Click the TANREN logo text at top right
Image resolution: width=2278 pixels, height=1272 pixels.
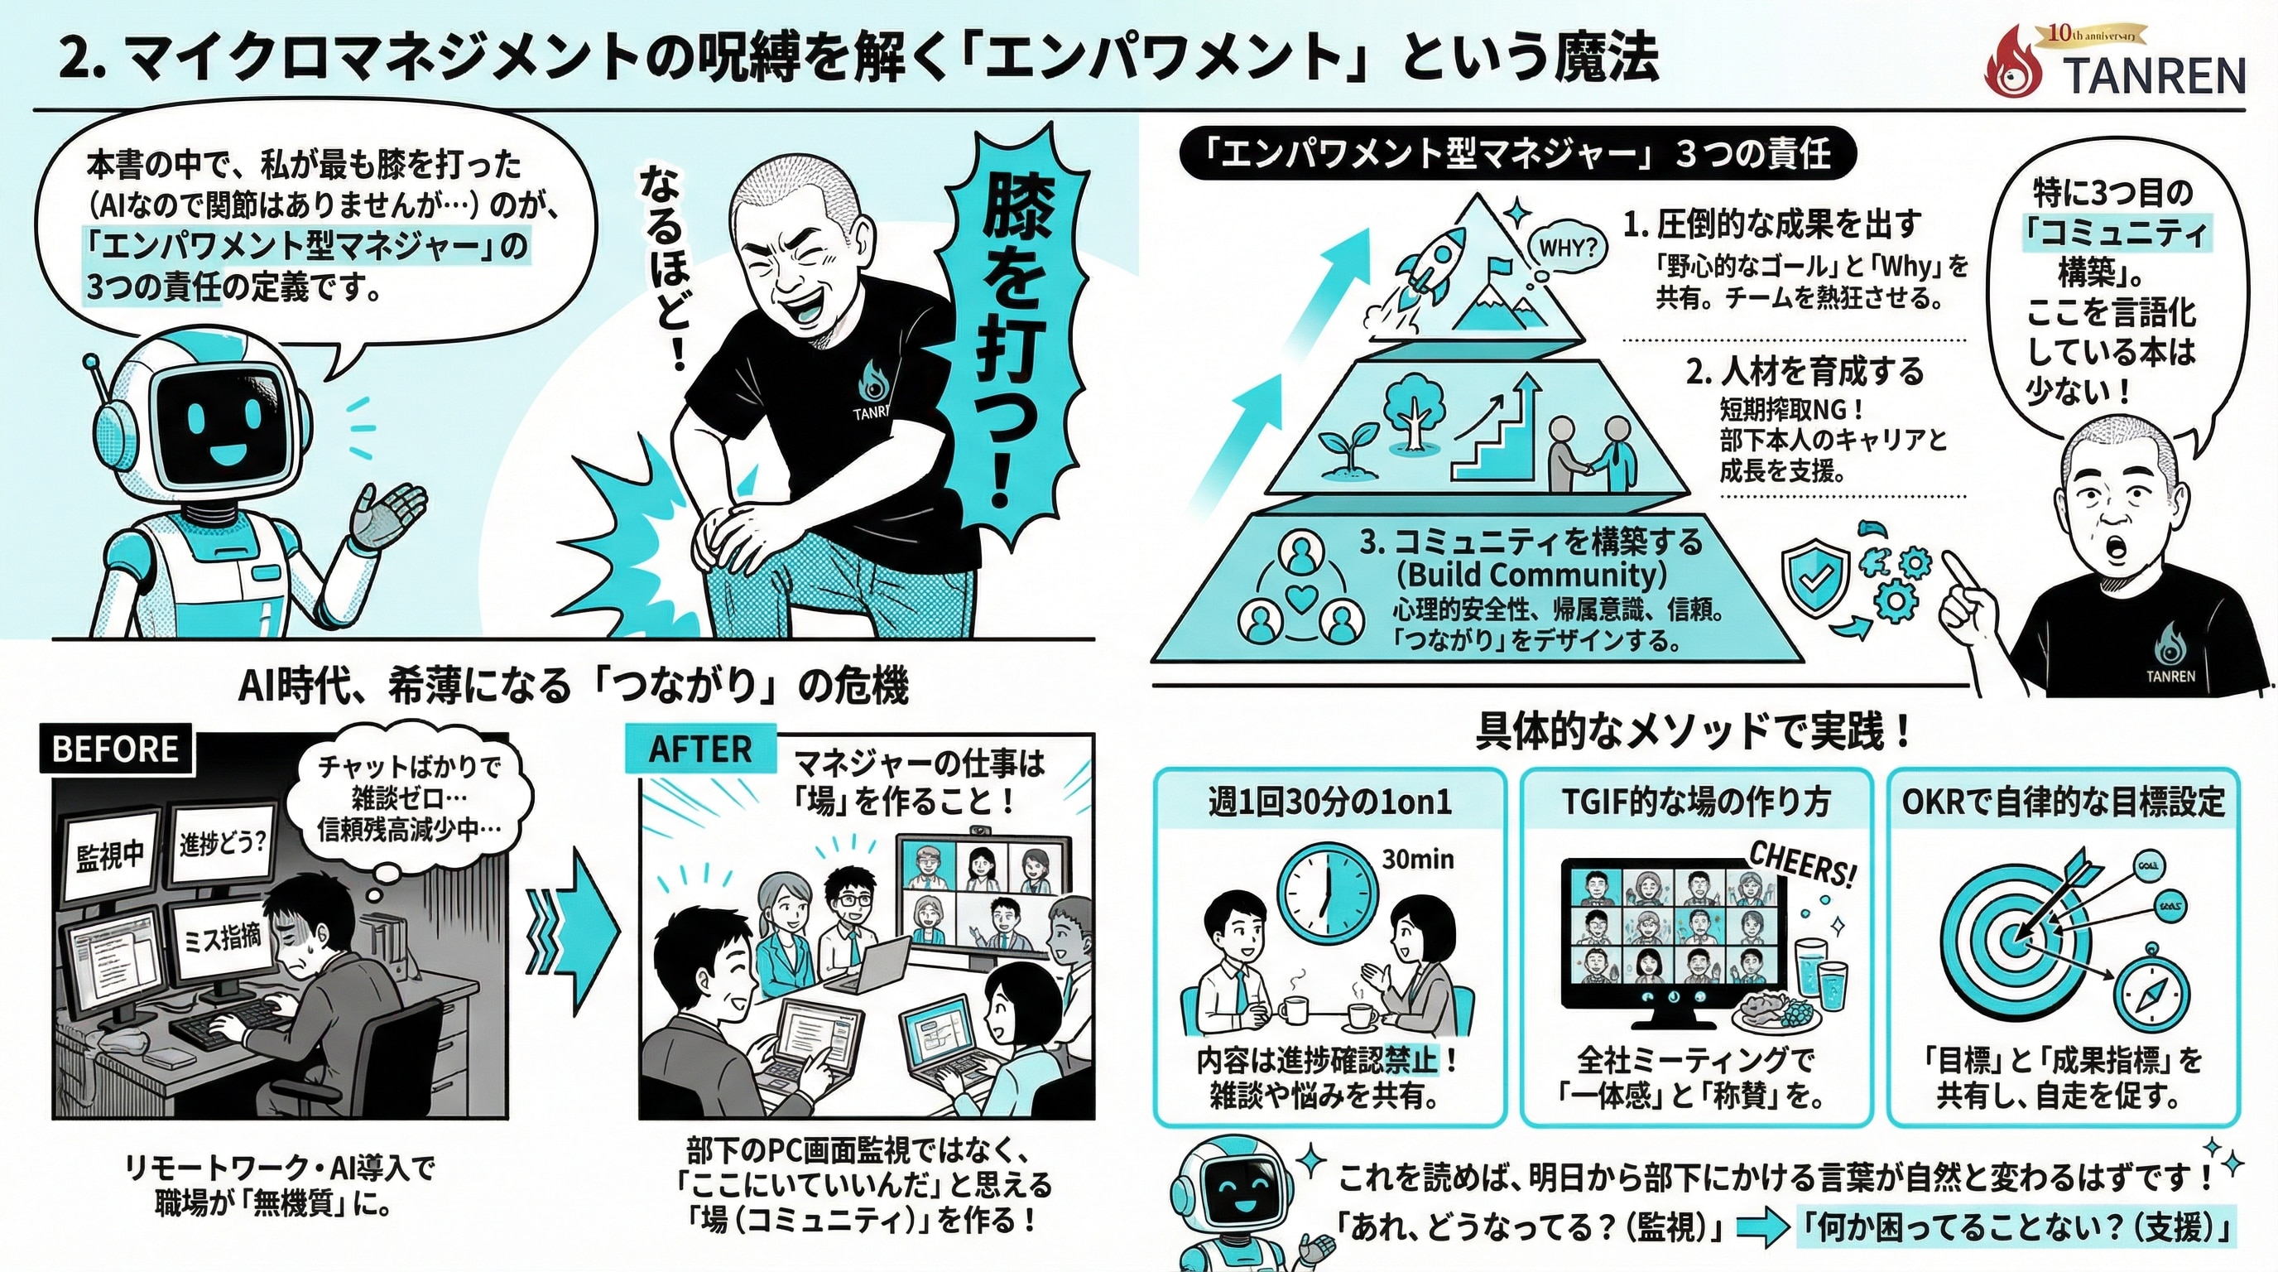coord(2154,76)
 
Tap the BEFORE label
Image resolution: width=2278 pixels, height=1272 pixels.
coord(116,749)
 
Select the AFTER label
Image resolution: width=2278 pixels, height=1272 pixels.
coord(700,749)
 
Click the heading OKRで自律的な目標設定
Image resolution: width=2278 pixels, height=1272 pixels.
coord(2063,802)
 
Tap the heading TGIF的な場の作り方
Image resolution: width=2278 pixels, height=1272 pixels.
coord(1695,802)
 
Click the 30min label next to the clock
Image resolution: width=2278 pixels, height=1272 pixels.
coord(1418,859)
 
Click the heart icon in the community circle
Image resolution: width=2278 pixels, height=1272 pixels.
coord(1300,598)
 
